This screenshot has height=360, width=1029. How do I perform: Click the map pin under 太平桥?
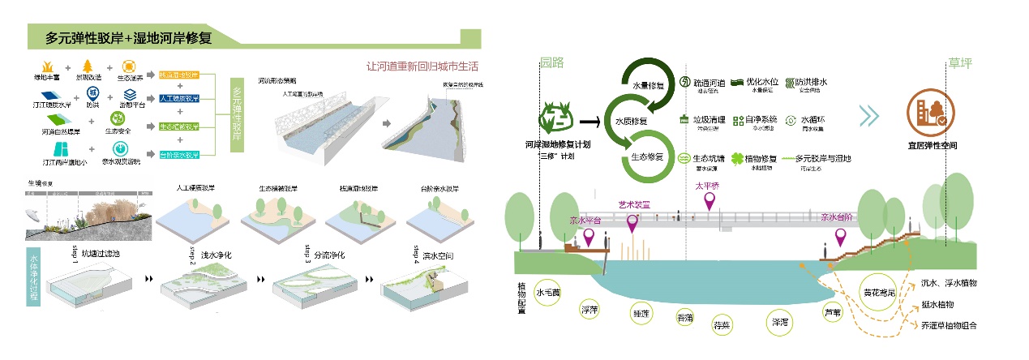click(x=710, y=200)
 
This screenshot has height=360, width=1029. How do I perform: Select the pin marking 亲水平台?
click(x=590, y=238)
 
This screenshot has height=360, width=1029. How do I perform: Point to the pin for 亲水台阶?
click(x=840, y=237)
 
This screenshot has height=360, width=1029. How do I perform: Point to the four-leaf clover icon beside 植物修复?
click(x=737, y=159)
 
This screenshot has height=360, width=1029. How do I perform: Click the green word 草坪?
click(x=959, y=62)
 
